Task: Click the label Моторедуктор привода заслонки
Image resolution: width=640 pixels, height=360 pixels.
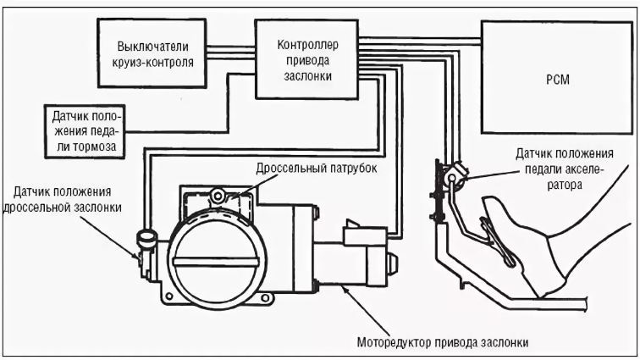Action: point(439,343)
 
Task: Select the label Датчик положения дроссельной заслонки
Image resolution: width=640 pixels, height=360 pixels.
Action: point(68,199)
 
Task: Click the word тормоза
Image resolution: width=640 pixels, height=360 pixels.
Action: point(96,147)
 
